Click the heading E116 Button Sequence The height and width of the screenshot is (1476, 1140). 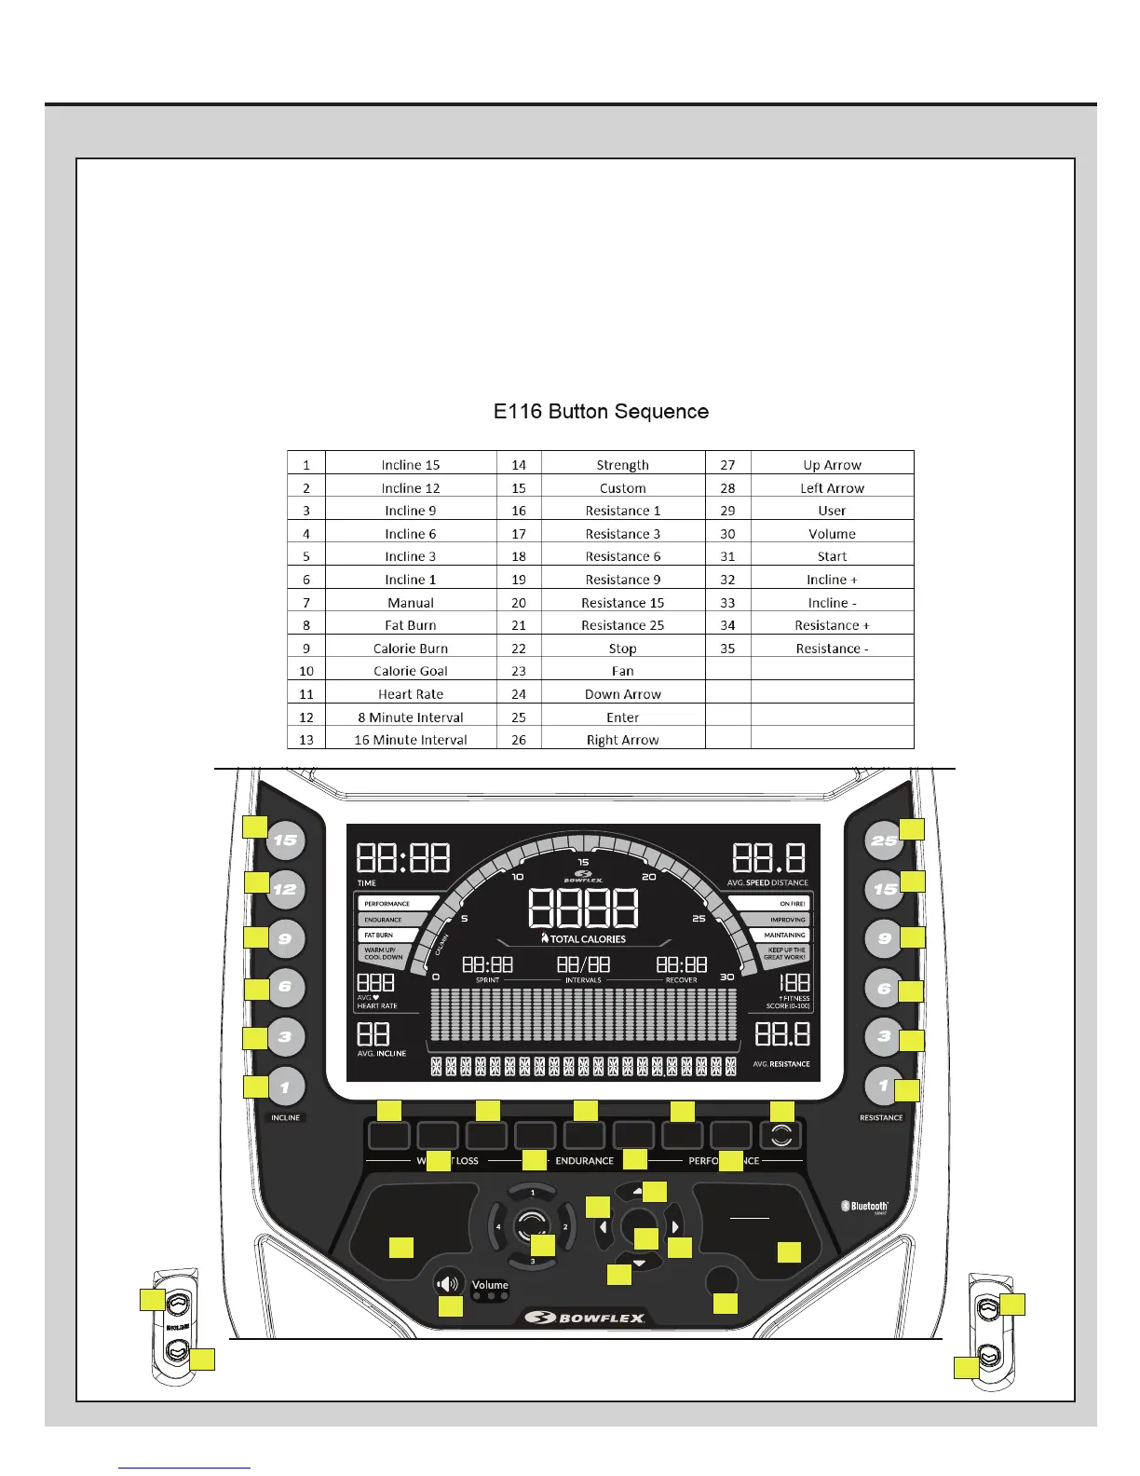[601, 412]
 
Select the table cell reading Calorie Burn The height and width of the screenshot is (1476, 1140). [411, 649]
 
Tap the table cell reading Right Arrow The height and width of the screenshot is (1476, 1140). [622, 740]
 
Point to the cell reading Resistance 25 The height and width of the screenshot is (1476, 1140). [622, 625]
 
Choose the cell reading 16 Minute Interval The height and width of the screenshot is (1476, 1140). [411, 740]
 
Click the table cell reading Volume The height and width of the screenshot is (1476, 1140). [832, 534]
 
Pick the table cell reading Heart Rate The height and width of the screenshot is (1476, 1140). [411, 694]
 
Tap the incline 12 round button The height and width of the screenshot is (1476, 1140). [285, 889]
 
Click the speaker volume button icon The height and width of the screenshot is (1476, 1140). [448, 1284]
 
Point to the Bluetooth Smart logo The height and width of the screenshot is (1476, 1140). [864, 1207]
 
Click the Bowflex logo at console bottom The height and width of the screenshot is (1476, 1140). [584, 1318]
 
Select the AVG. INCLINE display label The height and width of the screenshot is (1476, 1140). [382, 1054]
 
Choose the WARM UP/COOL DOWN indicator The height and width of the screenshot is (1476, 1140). [383, 953]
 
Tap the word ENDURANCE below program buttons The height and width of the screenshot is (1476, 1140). [584, 1161]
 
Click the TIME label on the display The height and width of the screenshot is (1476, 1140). [367, 882]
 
